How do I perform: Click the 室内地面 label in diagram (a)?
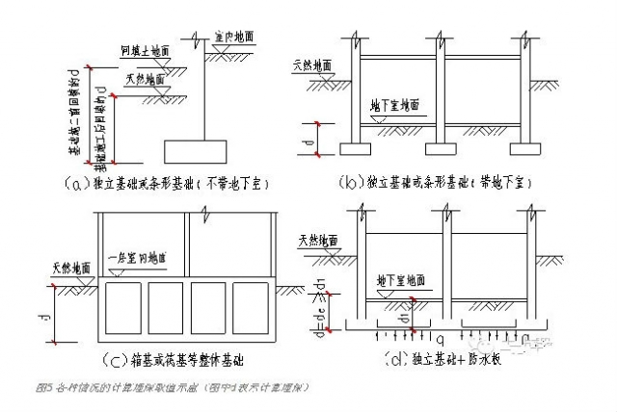pos(236,37)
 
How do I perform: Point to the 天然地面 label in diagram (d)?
pos(317,238)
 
